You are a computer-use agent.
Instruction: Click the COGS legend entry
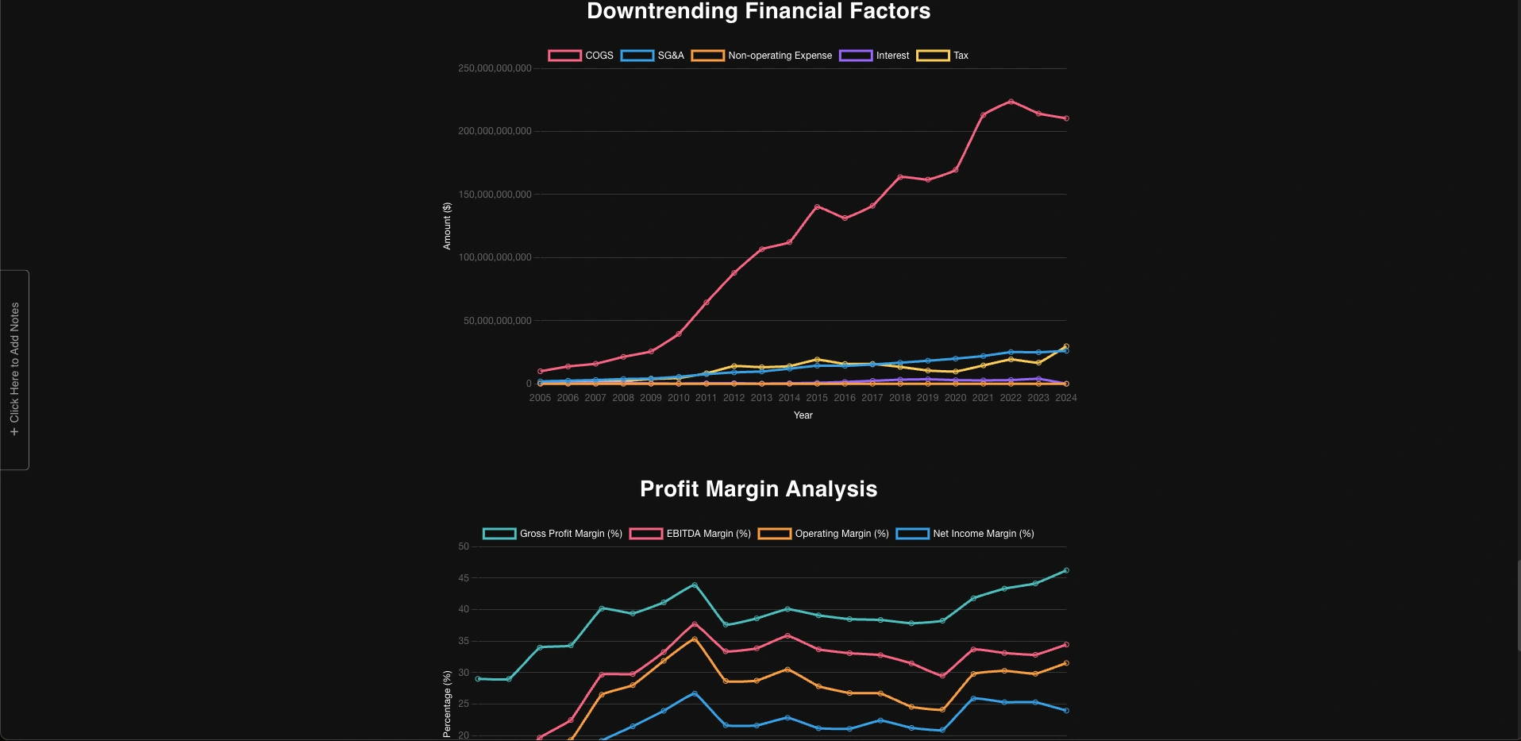pyautogui.click(x=581, y=56)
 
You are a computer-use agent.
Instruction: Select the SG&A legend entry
pyautogui.click(x=653, y=56)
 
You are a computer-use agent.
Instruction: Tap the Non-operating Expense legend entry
pyautogui.click(x=762, y=56)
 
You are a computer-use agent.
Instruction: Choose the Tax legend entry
pyautogui.click(x=943, y=56)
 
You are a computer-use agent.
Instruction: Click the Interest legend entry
pyautogui.click(x=875, y=56)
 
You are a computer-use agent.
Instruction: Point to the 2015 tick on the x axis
pyautogui.click(x=817, y=398)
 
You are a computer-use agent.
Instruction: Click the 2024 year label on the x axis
pyautogui.click(x=1065, y=398)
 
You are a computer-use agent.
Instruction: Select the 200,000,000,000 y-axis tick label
pyautogui.click(x=495, y=131)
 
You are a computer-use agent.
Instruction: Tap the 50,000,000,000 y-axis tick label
pyautogui.click(x=498, y=321)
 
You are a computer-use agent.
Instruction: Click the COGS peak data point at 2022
pyautogui.click(x=1011, y=102)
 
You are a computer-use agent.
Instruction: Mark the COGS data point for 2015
pyautogui.click(x=817, y=207)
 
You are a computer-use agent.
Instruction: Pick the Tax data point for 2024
pyautogui.click(x=1066, y=346)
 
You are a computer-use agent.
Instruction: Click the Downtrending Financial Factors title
pyautogui.click(x=758, y=11)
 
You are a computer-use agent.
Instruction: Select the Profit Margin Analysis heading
pyautogui.click(x=758, y=489)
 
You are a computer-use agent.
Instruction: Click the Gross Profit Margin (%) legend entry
pyautogui.click(x=553, y=534)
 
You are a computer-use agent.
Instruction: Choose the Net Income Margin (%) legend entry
pyautogui.click(x=965, y=534)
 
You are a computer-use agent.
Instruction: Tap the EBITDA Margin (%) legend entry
pyautogui.click(x=690, y=534)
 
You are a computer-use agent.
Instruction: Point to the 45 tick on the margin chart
pyautogui.click(x=464, y=578)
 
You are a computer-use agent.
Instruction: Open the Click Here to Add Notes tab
pyautogui.click(x=14, y=369)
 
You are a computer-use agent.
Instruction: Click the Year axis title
pyautogui.click(x=803, y=415)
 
